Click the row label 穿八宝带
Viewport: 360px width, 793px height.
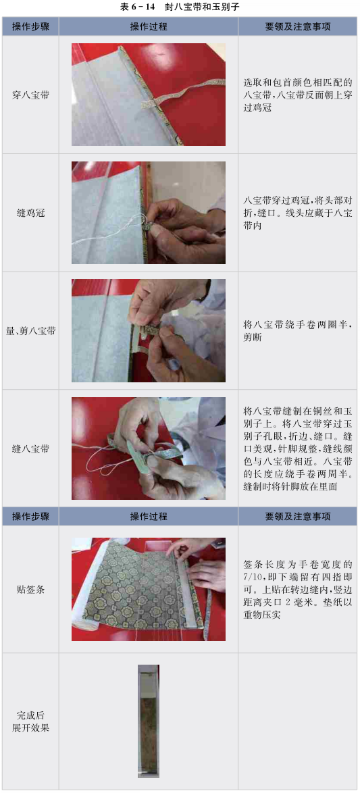(x=30, y=95)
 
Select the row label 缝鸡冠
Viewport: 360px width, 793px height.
(x=30, y=213)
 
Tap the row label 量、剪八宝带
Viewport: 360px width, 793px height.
(x=30, y=331)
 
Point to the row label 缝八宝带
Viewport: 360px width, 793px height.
(x=30, y=449)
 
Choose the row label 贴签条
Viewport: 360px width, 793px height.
(x=30, y=589)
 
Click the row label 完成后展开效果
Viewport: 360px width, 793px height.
(x=30, y=721)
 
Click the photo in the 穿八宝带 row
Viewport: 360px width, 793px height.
(x=149, y=95)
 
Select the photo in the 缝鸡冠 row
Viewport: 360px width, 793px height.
(x=149, y=213)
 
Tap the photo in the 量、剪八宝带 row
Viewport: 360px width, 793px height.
(x=149, y=331)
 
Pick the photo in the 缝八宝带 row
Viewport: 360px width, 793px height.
(x=149, y=449)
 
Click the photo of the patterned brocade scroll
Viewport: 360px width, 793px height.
(x=149, y=589)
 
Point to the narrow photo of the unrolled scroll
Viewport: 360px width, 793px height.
(x=149, y=721)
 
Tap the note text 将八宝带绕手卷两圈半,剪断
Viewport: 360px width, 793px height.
(x=298, y=331)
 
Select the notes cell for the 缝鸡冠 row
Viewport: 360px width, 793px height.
(x=299, y=213)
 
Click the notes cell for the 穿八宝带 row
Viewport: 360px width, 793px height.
(x=299, y=95)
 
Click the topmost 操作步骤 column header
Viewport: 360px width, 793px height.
(x=30, y=27)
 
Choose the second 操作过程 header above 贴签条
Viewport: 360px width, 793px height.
(x=149, y=516)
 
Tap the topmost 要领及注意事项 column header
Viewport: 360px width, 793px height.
(x=299, y=27)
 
